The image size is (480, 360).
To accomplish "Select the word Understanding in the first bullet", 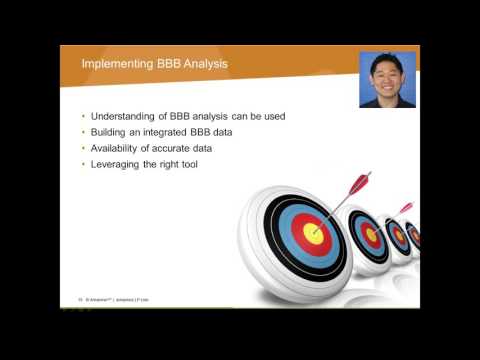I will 125,116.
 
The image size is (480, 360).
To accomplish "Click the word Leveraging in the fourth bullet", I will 119,164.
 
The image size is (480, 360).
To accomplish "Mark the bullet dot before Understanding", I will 83,116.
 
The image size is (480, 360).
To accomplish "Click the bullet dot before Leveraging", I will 83,164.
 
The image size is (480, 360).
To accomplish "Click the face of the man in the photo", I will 386,78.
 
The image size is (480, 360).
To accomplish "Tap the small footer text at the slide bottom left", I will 105,298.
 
